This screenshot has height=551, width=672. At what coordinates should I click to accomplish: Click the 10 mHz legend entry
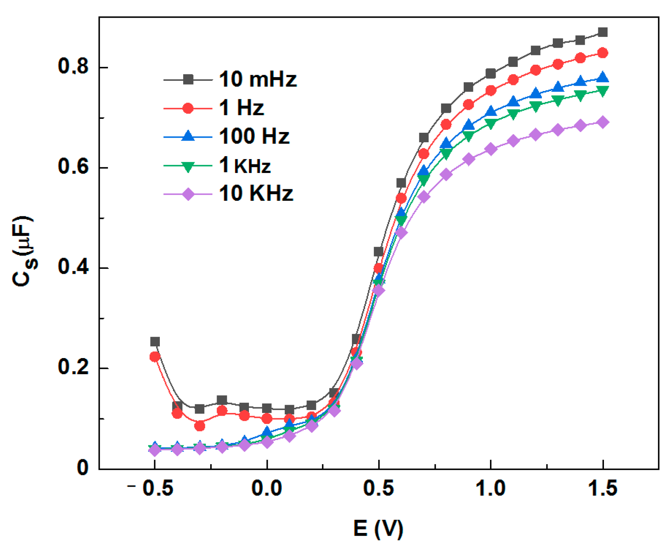pyautogui.click(x=257, y=80)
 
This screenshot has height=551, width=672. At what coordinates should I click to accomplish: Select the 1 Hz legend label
pyautogui.click(x=241, y=108)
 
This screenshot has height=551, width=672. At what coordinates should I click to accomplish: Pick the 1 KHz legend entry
pyautogui.click(x=244, y=165)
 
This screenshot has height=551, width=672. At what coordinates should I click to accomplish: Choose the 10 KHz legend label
pyautogui.click(x=256, y=194)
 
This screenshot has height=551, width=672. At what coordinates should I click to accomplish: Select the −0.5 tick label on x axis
pyautogui.click(x=151, y=489)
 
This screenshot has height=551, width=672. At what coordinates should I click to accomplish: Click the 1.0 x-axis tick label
pyautogui.click(x=490, y=489)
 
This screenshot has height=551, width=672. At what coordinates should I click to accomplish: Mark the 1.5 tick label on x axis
pyautogui.click(x=602, y=489)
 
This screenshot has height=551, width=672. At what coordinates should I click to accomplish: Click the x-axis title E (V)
pyautogui.click(x=378, y=528)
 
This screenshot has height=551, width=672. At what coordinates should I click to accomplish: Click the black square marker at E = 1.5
pyautogui.click(x=603, y=32)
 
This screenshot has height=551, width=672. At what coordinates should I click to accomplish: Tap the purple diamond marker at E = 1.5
pyautogui.click(x=603, y=122)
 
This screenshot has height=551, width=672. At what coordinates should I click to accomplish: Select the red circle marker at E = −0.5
pyautogui.click(x=155, y=357)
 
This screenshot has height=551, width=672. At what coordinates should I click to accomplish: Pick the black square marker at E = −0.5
pyautogui.click(x=155, y=342)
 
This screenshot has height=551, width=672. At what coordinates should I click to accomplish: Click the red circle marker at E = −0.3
pyautogui.click(x=200, y=426)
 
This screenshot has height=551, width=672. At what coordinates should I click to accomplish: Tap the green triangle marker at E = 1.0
pyautogui.click(x=490, y=123)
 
